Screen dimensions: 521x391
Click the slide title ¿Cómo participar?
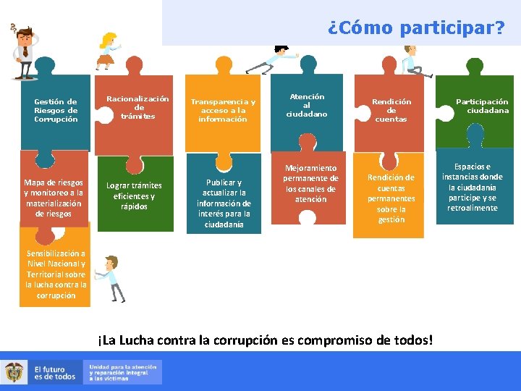point(415,28)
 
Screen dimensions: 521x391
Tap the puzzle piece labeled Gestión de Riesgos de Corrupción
point(56,111)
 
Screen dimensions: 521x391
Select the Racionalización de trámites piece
point(137,108)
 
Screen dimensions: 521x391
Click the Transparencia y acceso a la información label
point(223,110)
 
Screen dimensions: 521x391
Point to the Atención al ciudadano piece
point(307,105)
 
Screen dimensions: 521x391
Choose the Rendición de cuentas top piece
point(391,110)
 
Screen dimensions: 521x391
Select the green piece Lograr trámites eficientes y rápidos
point(134,196)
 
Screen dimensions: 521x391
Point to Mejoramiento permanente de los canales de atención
point(310,184)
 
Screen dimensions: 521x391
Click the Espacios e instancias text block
point(473,187)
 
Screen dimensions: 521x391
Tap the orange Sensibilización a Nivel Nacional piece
point(56,274)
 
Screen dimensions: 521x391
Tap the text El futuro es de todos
point(54,372)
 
